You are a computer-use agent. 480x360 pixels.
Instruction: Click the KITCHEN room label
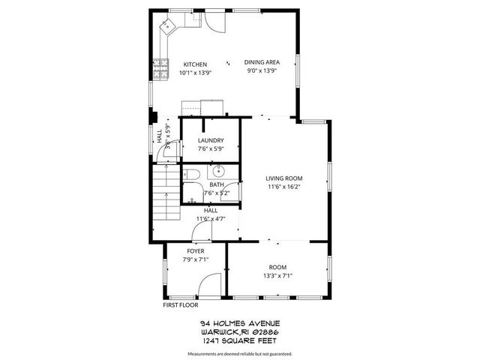pos(195,64)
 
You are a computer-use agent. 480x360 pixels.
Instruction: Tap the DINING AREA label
pos(262,62)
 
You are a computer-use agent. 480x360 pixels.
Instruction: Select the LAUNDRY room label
pos(211,140)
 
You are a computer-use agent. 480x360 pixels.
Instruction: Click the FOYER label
pos(195,251)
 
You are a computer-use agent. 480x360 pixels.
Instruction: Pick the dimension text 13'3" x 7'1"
pos(277,276)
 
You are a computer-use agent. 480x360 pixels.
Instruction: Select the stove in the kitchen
pos(159,70)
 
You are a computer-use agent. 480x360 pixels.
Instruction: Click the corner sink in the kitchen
pos(167,26)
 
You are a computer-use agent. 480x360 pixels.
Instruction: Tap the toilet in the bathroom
pos(190,176)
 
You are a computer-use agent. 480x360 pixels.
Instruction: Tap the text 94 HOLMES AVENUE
pos(240,323)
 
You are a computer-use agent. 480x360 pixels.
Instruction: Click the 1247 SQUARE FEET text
pos(240,340)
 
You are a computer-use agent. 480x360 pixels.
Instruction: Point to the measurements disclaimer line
pos(240,352)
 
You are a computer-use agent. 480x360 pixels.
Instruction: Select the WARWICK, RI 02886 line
pos(240,331)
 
